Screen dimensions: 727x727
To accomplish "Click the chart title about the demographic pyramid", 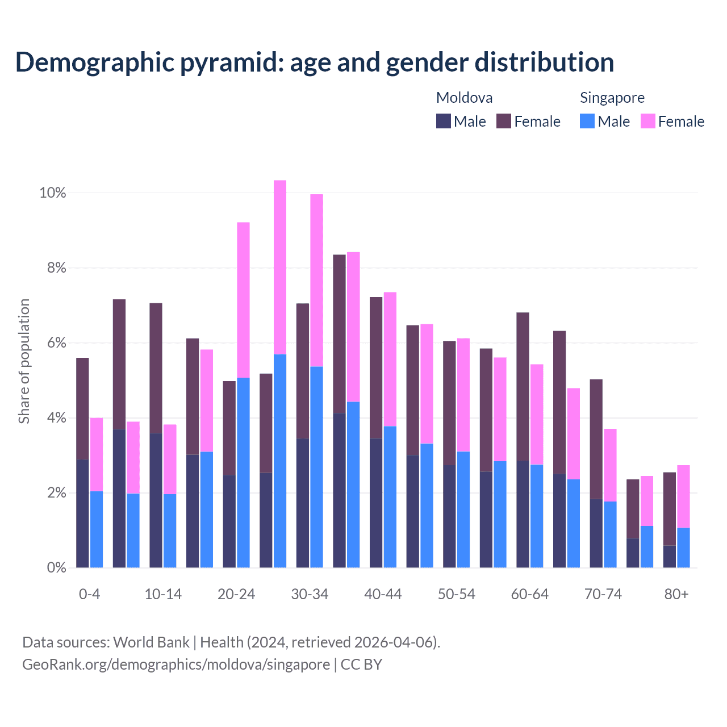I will tap(315, 62).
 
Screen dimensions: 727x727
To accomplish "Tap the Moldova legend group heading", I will tap(464, 98).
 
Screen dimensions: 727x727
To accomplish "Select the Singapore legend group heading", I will tap(612, 98).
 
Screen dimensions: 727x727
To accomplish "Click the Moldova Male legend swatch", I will tap(443, 121).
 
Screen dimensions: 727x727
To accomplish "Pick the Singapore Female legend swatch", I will tap(647, 121).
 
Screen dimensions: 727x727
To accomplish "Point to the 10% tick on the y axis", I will tap(53, 193).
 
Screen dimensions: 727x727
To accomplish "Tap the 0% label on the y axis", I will tap(56, 568).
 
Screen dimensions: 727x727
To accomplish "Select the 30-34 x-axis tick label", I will tap(310, 594).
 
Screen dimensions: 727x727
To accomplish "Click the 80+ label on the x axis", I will tap(676, 594).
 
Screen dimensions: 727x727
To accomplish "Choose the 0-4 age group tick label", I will tap(89, 594).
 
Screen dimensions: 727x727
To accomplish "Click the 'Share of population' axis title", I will tap(24, 361).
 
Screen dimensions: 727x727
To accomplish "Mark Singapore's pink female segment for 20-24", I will tap(243, 300).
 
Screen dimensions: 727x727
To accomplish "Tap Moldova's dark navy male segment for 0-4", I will tap(82, 513).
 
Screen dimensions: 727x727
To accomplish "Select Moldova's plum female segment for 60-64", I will tap(523, 386).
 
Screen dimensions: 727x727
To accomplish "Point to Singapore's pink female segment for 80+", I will tap(683, 496).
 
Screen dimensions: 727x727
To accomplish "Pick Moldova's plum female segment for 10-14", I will tap(156, 368).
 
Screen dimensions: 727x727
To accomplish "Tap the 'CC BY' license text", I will tap(361, 665).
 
